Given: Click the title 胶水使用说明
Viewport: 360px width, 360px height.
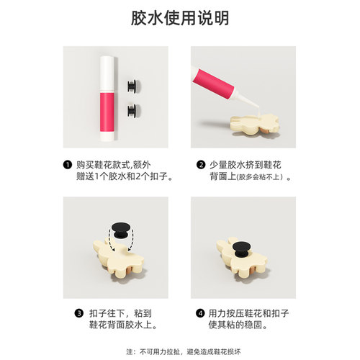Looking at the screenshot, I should tap(179, 17).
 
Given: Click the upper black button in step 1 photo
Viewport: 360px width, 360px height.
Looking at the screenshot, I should tap(131, 86).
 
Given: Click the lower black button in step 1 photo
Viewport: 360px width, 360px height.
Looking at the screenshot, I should tap(131, 109).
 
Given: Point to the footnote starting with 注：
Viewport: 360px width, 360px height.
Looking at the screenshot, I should tap(179, 351).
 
